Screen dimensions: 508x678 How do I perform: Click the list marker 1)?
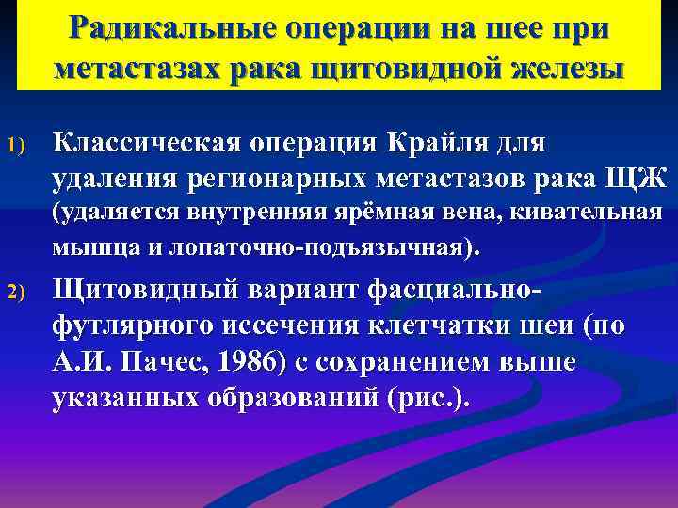(24, 147)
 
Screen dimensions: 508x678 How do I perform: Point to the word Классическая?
(147, 143)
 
